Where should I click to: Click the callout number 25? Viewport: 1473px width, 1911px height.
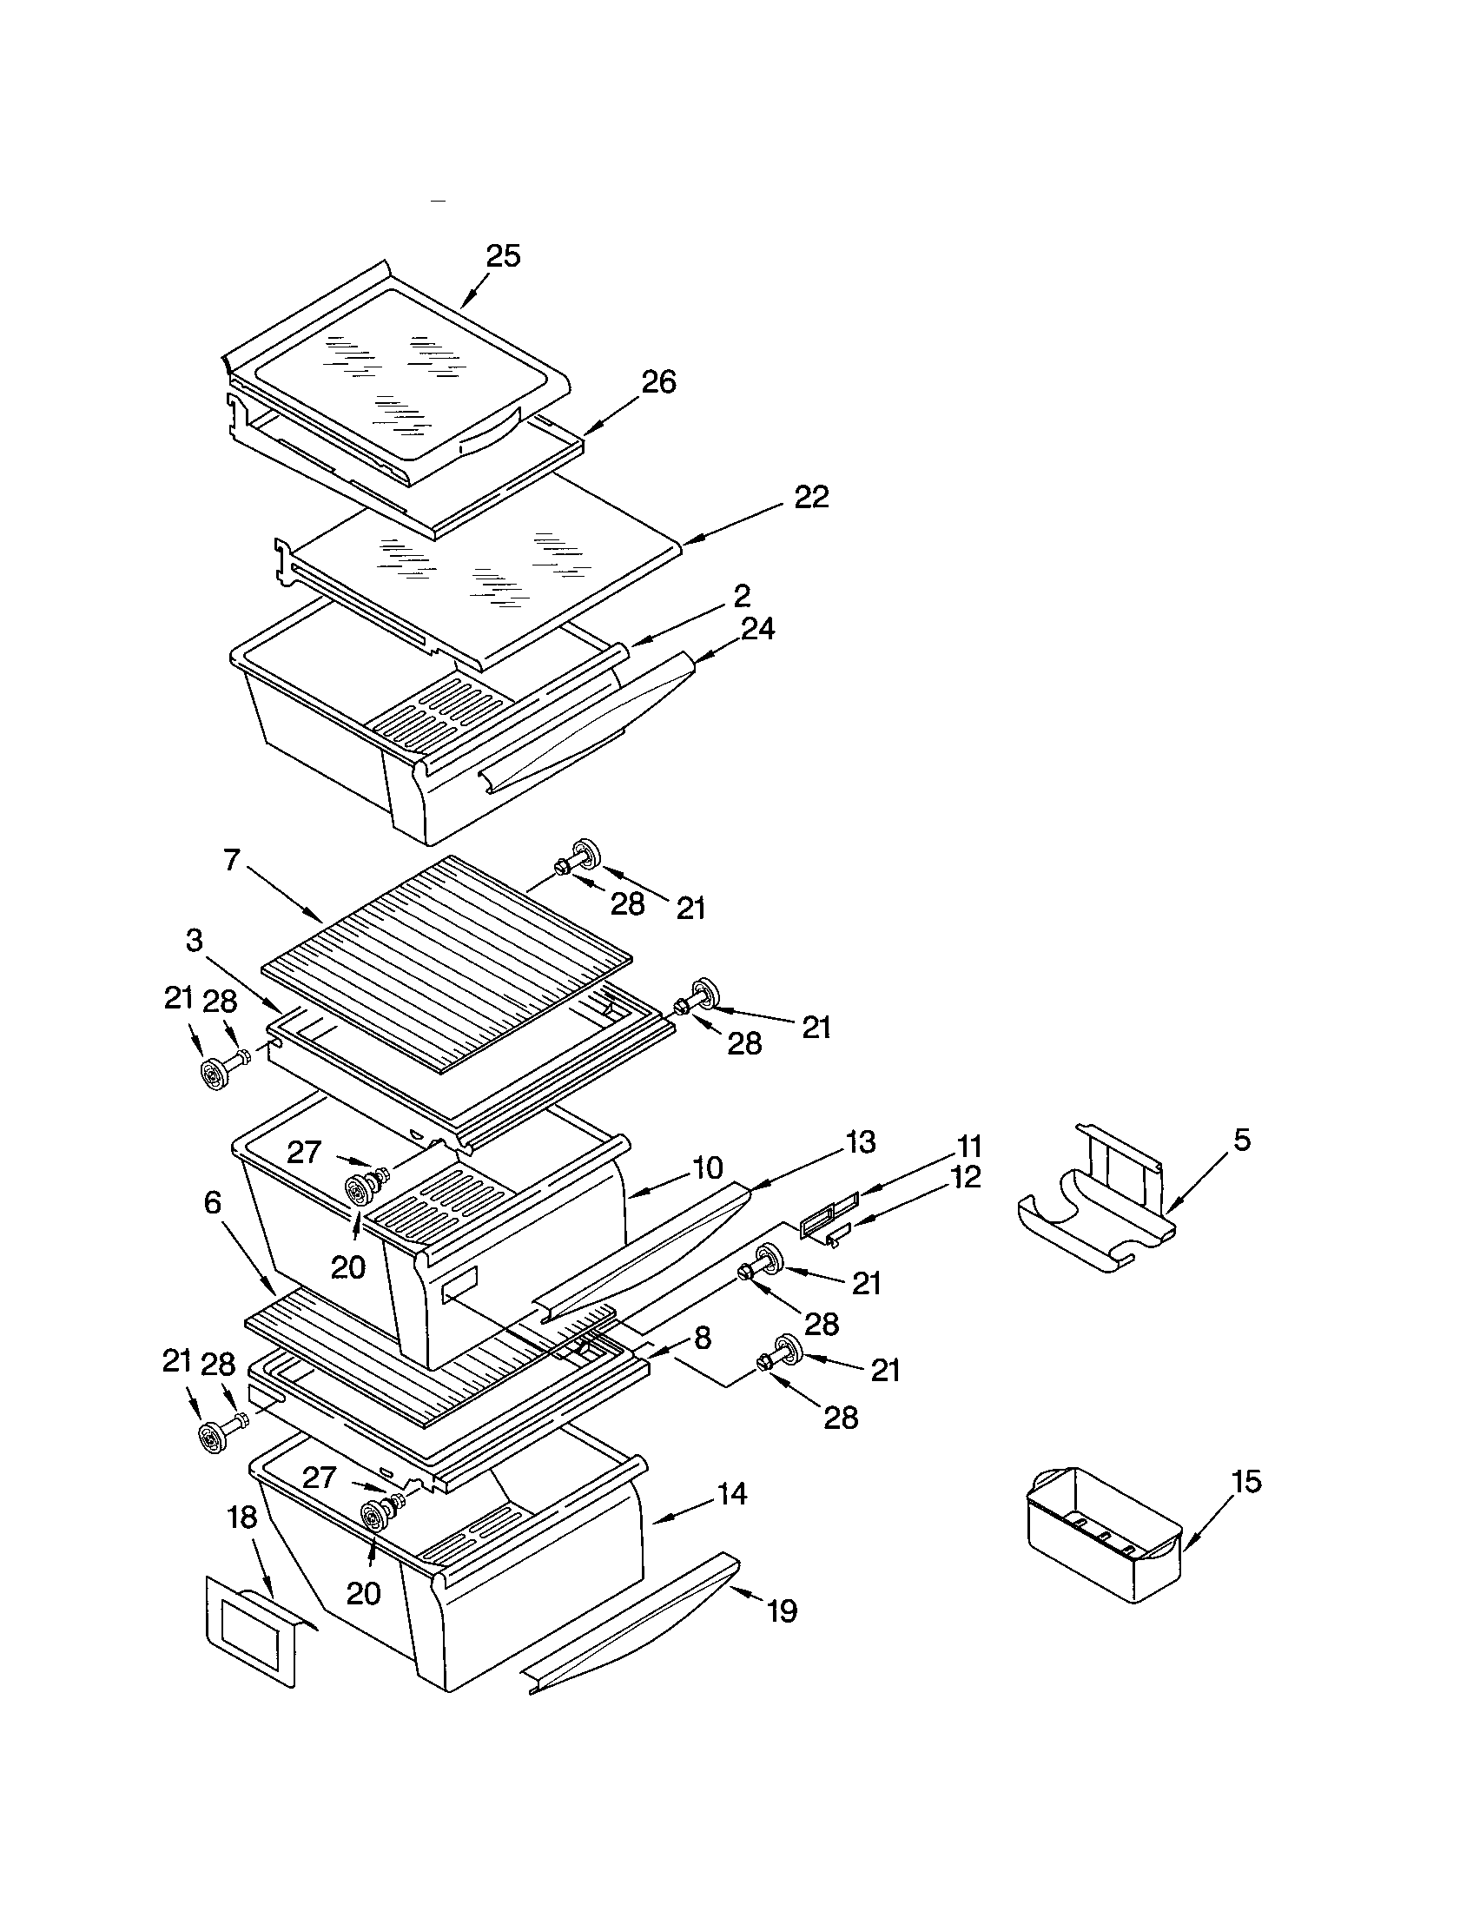coord(503,256)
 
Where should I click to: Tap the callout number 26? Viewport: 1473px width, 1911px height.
coord(658,382)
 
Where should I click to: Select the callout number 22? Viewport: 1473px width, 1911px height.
coord(811,497)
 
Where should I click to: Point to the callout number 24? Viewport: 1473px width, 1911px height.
coord(757,628)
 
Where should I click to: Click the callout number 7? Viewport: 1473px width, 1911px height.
coord(231,860)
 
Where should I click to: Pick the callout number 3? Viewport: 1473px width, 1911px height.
coord(195,941)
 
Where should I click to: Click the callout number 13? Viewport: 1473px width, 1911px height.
coord(861,1142)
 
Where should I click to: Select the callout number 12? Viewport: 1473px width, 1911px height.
coord(966,1177)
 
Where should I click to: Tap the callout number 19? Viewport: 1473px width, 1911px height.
coord(782,1610)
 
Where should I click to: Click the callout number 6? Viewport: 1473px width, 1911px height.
coord(212,1203)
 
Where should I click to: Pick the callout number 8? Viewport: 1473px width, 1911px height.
coord(703,1338)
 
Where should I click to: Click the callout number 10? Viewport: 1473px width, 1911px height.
coord(707,1167)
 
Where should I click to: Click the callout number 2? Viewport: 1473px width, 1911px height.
coord(742,597)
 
